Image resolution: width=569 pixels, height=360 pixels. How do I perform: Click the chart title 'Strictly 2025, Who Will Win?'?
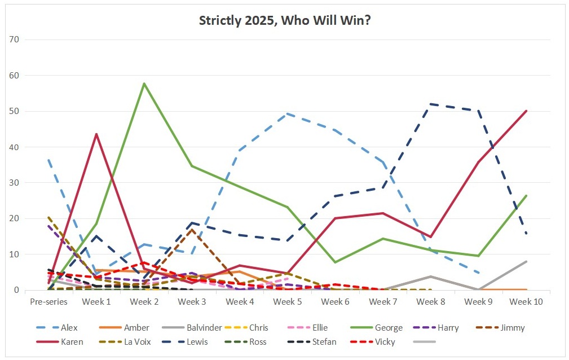[285, 21]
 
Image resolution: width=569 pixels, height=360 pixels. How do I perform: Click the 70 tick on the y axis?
[15, 39]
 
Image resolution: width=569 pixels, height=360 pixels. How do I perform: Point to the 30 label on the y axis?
[15, 183]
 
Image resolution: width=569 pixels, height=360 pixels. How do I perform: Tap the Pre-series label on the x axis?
[49, 302]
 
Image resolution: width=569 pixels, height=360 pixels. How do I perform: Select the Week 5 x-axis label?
[287, 302]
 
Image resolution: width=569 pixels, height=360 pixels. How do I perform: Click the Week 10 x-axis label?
[526, 302]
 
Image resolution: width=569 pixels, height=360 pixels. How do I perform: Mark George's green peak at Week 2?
[144, 84]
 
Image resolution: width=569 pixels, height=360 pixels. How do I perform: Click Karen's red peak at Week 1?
[96, 134]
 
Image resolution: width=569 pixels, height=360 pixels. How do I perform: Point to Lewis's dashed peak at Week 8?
[431, 104]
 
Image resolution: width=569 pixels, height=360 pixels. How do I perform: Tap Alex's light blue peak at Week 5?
[288, 113]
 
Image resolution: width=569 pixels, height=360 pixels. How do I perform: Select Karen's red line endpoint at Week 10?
[526, 111]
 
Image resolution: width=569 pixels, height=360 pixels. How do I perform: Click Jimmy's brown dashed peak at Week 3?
[192, 229]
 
